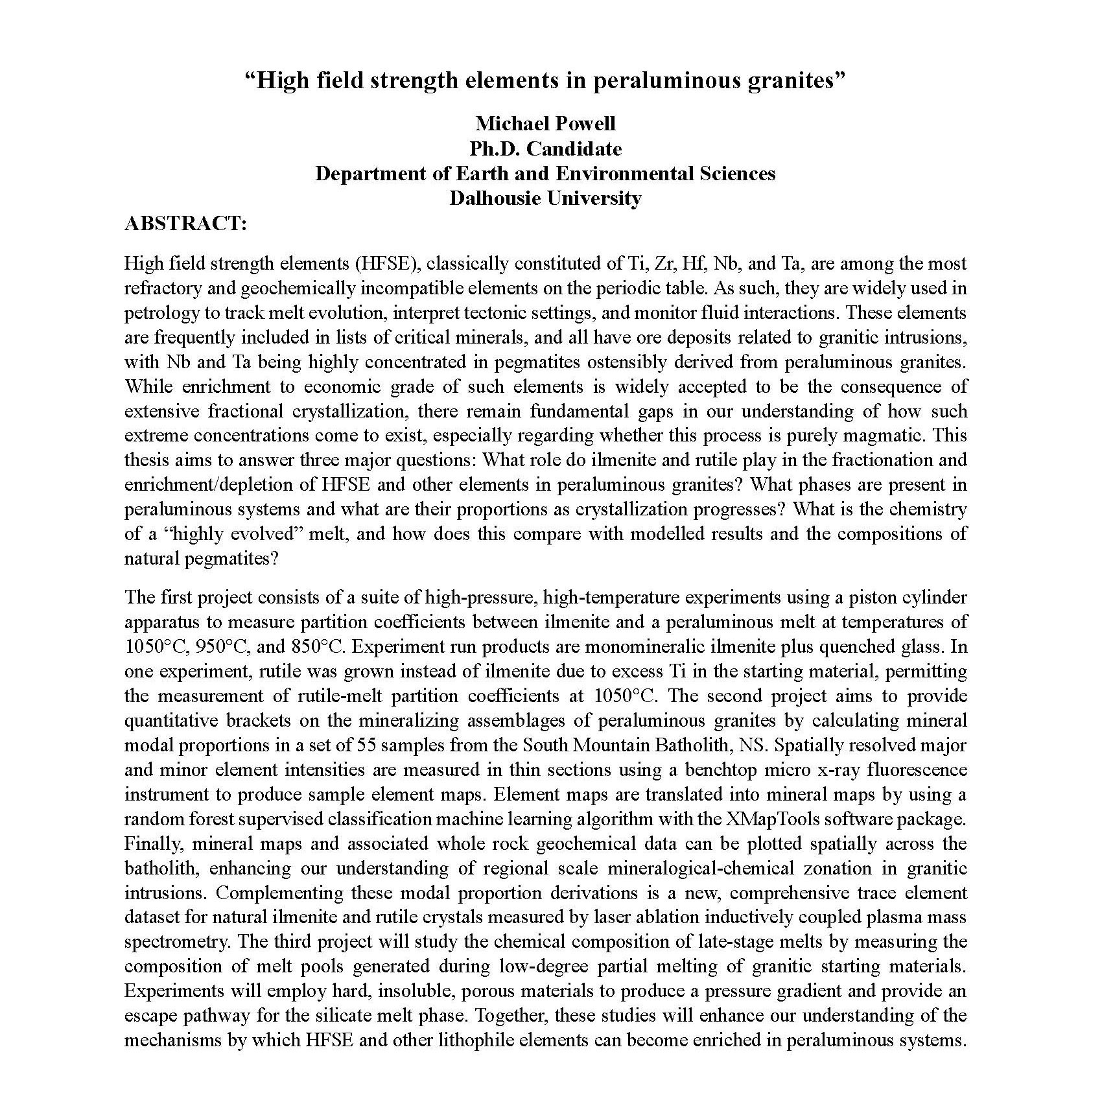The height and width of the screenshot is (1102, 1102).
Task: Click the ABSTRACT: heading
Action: click(185, 224)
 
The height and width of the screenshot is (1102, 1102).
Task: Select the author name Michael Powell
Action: click(545, 123)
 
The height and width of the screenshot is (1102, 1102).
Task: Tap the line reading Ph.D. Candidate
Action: click(545, 148)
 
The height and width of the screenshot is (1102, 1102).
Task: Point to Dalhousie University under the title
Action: click(545, 198)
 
